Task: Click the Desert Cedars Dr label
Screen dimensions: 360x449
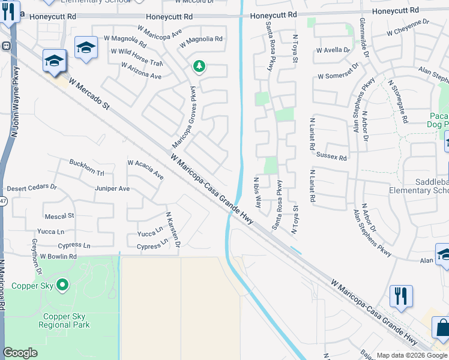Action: [31, 187]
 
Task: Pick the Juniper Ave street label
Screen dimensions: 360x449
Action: [112, 188]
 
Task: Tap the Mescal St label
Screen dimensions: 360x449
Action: [59, 215]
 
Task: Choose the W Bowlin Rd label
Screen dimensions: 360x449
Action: [58, 256]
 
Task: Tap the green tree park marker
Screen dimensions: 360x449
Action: [199, 67]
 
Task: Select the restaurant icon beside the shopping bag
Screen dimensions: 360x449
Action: [401, 296]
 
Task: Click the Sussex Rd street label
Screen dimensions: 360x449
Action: [335, 158]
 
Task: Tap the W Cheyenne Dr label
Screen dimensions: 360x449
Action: [408, 26]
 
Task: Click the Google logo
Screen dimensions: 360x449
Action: [20, 353]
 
